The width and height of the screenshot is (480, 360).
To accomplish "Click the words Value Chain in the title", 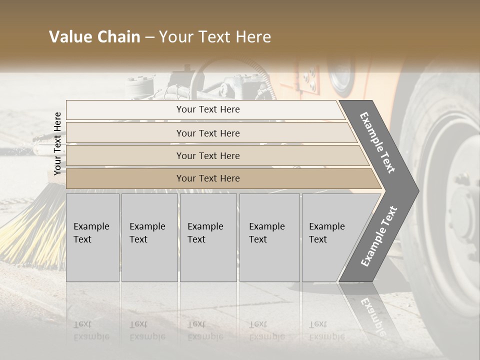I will (x=94, y=37).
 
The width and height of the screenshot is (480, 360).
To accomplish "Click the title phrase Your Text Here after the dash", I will (x=215, y=37).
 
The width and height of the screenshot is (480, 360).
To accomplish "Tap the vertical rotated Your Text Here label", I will (x=58, y=143).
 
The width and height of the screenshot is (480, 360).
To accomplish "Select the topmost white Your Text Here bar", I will (x=207, y=109).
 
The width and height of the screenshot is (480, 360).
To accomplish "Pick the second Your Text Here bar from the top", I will (x=207, y=133).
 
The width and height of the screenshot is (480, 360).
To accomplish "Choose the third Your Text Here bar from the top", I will (x=207, y=155).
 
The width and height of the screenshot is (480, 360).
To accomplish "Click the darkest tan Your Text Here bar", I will (x=207, y=178).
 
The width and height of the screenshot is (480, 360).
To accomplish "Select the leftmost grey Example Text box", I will (x=92, y=237).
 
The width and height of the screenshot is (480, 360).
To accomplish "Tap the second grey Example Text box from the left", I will (x=149, y=237).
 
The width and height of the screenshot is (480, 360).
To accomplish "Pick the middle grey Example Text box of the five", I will (x=208, y=237).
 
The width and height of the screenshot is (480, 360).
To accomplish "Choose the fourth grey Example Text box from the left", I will (x=269, y=237).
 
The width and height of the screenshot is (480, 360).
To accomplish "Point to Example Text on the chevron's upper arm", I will (x=377, y=142).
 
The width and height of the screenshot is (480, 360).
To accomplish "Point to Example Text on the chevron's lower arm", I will (x=379, y=236).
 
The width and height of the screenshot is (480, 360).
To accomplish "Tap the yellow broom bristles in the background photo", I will (x=30, y=235).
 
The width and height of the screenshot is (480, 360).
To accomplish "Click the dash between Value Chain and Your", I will (x=149, y=37).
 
